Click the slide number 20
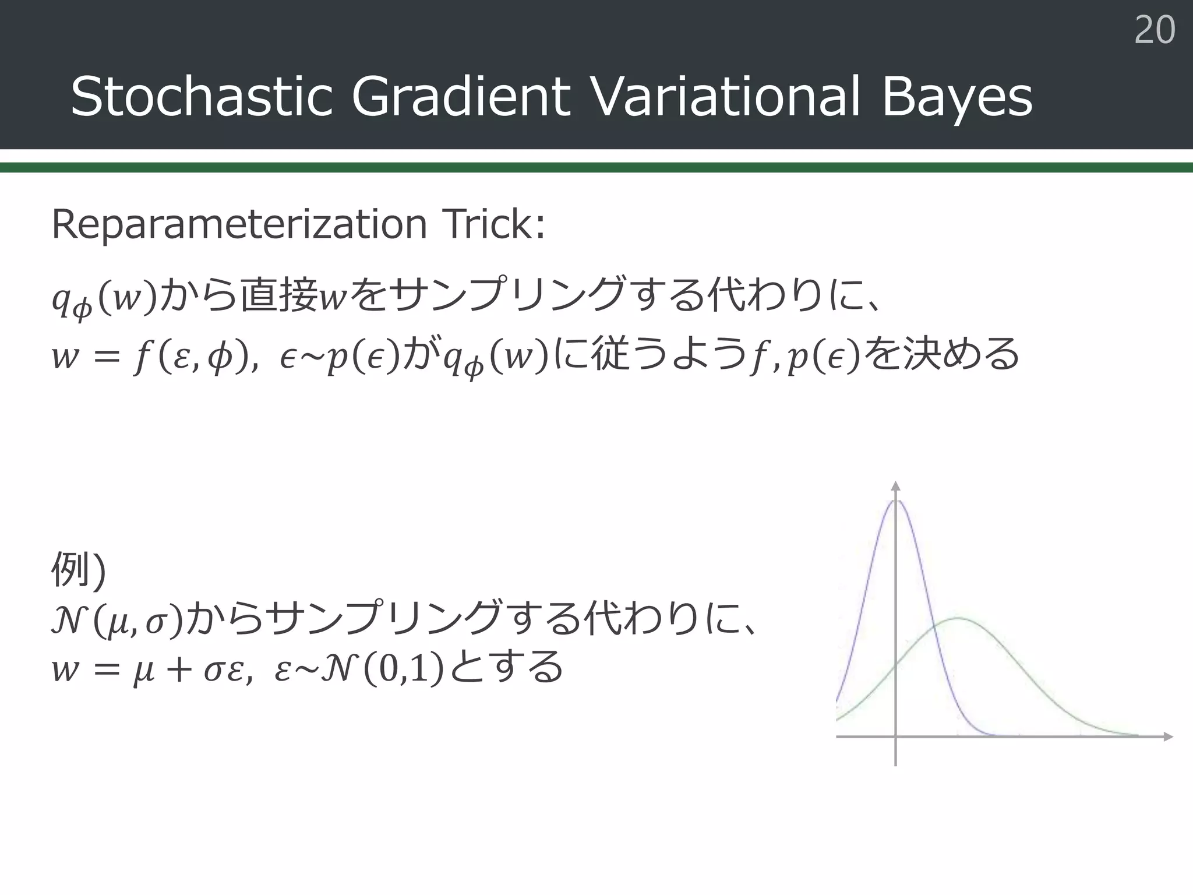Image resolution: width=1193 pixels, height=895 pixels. pyautogui.click(x=1155, y=30)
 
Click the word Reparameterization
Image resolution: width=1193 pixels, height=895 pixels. pyautogui.click(x=239, y=224)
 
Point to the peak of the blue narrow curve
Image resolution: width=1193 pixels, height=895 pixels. pyautogui.click(x=896, y=501)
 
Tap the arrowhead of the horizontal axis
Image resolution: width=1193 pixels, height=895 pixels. pyautogui.click(x=1167, y=737)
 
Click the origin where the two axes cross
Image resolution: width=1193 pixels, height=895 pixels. pyautogui.click(x=896, y=737)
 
